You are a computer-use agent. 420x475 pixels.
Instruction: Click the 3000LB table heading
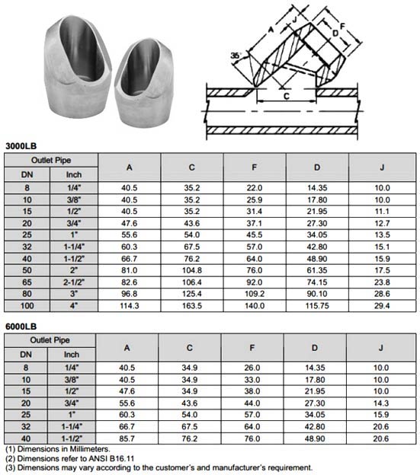(21, 145)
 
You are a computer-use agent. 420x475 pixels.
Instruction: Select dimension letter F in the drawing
(343, 25)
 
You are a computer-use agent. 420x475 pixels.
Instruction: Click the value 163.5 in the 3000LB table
(191, 305)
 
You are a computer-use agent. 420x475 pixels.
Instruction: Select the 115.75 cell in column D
(317, 305)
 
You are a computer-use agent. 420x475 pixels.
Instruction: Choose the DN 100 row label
(27, 305)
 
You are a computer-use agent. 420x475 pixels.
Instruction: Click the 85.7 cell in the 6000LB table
(129, 439)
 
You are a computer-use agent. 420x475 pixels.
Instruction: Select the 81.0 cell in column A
(129, 269)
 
